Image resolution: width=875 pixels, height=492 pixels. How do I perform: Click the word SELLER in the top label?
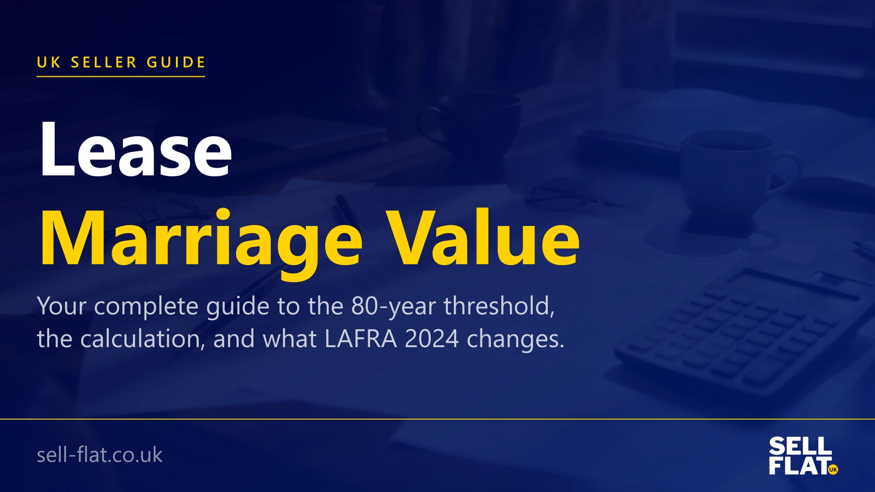[104, 62]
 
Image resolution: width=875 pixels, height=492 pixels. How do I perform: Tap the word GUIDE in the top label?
[176, 62]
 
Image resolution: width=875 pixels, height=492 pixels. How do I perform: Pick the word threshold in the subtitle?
[499, 306]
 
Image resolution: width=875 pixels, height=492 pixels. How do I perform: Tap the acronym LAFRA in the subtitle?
[360, 339]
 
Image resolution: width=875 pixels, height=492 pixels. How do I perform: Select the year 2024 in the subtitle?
[432, 339]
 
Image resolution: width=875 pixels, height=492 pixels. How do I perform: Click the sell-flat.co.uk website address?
[99, 455]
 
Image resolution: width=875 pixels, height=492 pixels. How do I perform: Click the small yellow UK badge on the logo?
[833, 469]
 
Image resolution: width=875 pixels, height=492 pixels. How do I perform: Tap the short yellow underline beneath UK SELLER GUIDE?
[121, 77]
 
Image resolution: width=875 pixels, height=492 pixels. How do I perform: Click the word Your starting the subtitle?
[62, 306]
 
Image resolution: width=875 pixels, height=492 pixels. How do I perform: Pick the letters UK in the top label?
[48, 62]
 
